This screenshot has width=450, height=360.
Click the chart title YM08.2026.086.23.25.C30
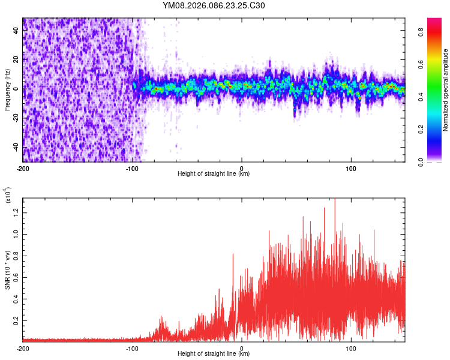pos(214,5)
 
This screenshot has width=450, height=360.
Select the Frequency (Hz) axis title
pos(7,90)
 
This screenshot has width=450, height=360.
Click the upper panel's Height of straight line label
pos(214,174)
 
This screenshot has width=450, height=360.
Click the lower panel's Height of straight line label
pos(214,354)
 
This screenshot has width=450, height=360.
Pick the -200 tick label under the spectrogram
pos(23,168)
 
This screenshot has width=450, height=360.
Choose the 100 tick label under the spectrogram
pos(351,168)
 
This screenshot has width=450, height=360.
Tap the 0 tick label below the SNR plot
pos(242,348)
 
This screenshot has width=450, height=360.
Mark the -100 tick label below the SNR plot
pos(132,348)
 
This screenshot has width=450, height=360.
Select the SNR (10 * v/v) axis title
pos(8,271)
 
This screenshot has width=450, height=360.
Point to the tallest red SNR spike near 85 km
pos(335,200)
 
